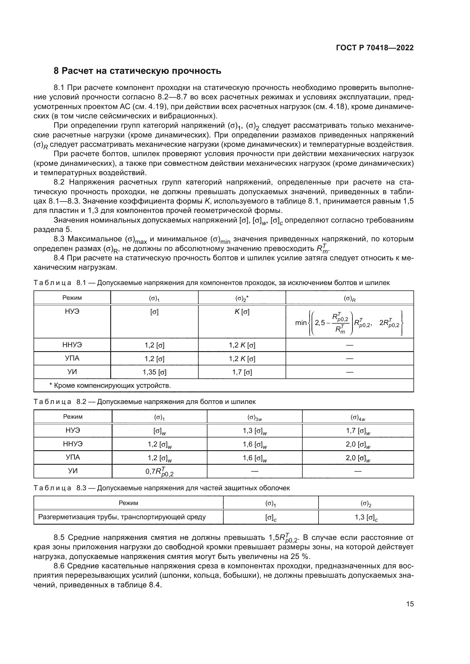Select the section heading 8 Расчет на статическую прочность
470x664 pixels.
point(138,71)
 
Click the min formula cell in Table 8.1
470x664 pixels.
point(349,323)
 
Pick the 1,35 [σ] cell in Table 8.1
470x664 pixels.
point(155,372)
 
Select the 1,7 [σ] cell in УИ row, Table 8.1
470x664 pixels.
point(242,372)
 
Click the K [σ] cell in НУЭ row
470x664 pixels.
point(242,312)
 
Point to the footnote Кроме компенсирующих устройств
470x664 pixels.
point(110,386)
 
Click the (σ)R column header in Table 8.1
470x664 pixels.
point(349,298)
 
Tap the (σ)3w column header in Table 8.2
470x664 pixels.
point(254,417)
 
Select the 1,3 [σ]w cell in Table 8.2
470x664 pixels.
point(254,431)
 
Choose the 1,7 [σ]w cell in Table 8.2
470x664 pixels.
point(358,431)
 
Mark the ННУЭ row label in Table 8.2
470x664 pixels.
point(73,444)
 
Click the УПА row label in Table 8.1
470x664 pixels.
point(72,359)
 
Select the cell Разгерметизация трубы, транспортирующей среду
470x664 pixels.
point(122,517)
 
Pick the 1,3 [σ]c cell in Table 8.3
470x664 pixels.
point(366,518)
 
